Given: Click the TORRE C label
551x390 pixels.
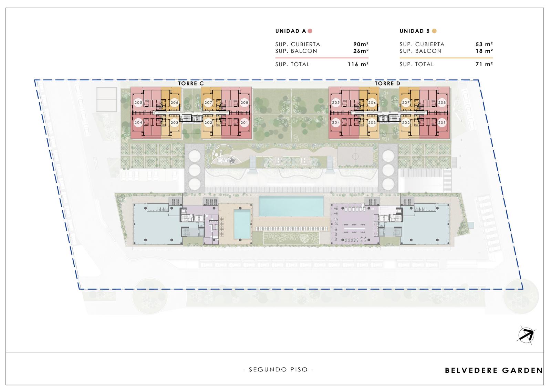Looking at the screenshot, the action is point(191,83).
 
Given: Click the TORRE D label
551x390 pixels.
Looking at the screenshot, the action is point(387,83).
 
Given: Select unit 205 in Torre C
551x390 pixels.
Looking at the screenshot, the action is point(138,102).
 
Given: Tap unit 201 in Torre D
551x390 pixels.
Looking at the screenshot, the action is point(442,122).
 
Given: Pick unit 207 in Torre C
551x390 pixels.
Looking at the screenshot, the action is point(208,102).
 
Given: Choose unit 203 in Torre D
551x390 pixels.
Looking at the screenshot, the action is point(372,122).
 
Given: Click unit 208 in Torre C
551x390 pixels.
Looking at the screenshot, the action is point(244,102).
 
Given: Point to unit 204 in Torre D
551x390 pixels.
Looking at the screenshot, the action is point(336,122).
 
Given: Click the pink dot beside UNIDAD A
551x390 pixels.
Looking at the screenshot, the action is point(310,31).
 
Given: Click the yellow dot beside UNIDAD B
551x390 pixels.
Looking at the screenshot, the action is point(434,31).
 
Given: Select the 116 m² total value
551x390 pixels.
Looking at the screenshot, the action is point(358,64).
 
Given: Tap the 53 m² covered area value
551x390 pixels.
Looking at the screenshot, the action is point(484,44).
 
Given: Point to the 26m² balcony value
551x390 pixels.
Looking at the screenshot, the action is point(361,51).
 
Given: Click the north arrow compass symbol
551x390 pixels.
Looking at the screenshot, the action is point(526,335).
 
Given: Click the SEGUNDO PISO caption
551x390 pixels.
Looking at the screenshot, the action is point(278,370).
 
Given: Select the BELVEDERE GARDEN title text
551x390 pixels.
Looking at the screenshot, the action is point(494,370).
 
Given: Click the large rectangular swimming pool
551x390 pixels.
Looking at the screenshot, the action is point(291,206).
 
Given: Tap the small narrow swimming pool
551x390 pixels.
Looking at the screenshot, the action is point(242,224).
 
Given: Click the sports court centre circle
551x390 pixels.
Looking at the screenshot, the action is point(355,156).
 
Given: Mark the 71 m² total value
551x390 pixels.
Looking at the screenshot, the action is point(484,64).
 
